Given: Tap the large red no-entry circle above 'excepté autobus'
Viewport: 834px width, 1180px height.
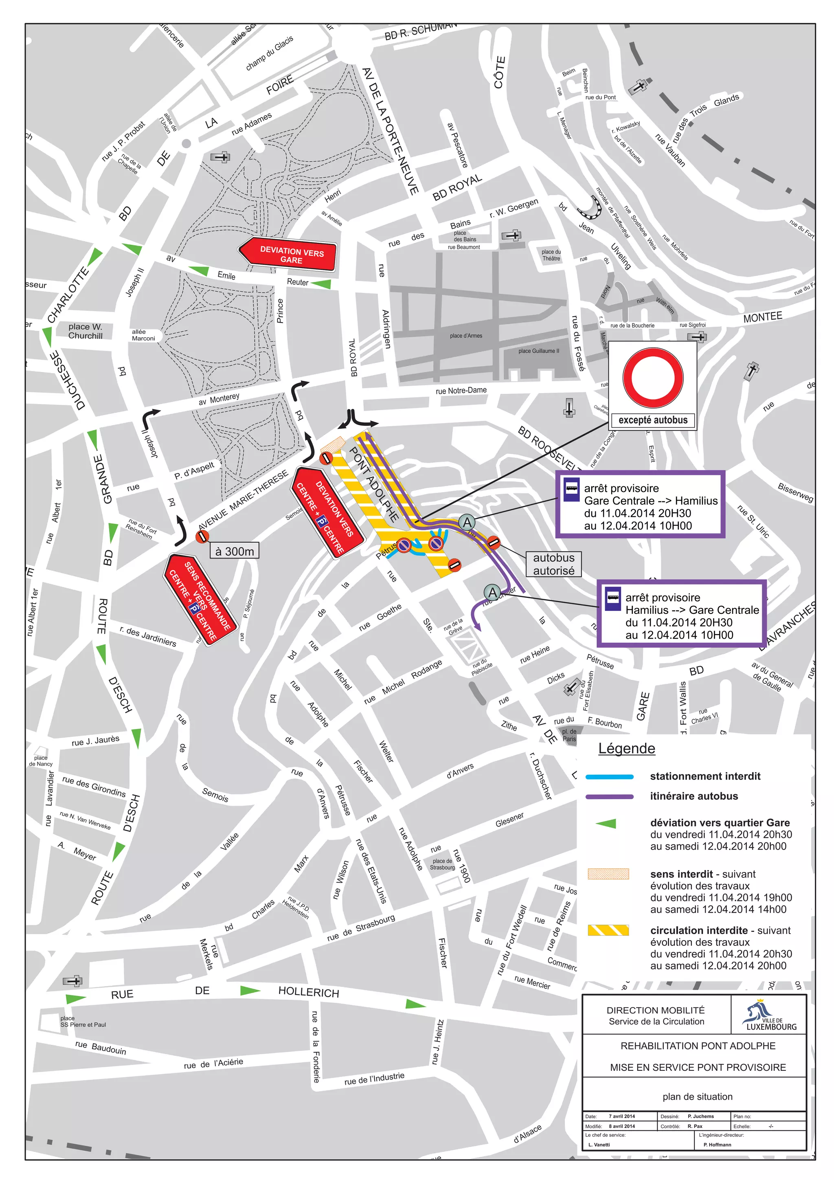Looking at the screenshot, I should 653,378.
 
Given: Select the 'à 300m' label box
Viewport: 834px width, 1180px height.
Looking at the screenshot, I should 234,551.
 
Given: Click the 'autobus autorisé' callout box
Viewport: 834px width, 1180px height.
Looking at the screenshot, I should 553,564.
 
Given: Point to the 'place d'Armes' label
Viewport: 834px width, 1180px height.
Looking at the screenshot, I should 465,336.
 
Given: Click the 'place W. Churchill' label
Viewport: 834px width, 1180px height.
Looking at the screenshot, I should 85,331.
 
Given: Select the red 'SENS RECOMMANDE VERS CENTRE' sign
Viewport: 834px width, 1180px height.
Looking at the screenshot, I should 202,599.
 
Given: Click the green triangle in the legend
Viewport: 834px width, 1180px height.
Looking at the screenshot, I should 606,823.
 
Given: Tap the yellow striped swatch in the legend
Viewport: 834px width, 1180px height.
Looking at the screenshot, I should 608,930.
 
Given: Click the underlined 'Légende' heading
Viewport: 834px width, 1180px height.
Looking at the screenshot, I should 626,748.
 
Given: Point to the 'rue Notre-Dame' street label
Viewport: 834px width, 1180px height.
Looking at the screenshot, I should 461,391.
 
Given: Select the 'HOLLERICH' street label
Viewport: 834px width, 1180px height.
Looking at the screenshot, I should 308,992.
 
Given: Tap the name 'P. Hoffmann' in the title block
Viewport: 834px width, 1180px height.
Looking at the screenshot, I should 717,1145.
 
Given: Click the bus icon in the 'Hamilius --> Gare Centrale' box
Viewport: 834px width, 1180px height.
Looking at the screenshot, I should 612,598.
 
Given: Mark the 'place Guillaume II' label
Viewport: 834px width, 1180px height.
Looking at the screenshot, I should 538,351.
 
